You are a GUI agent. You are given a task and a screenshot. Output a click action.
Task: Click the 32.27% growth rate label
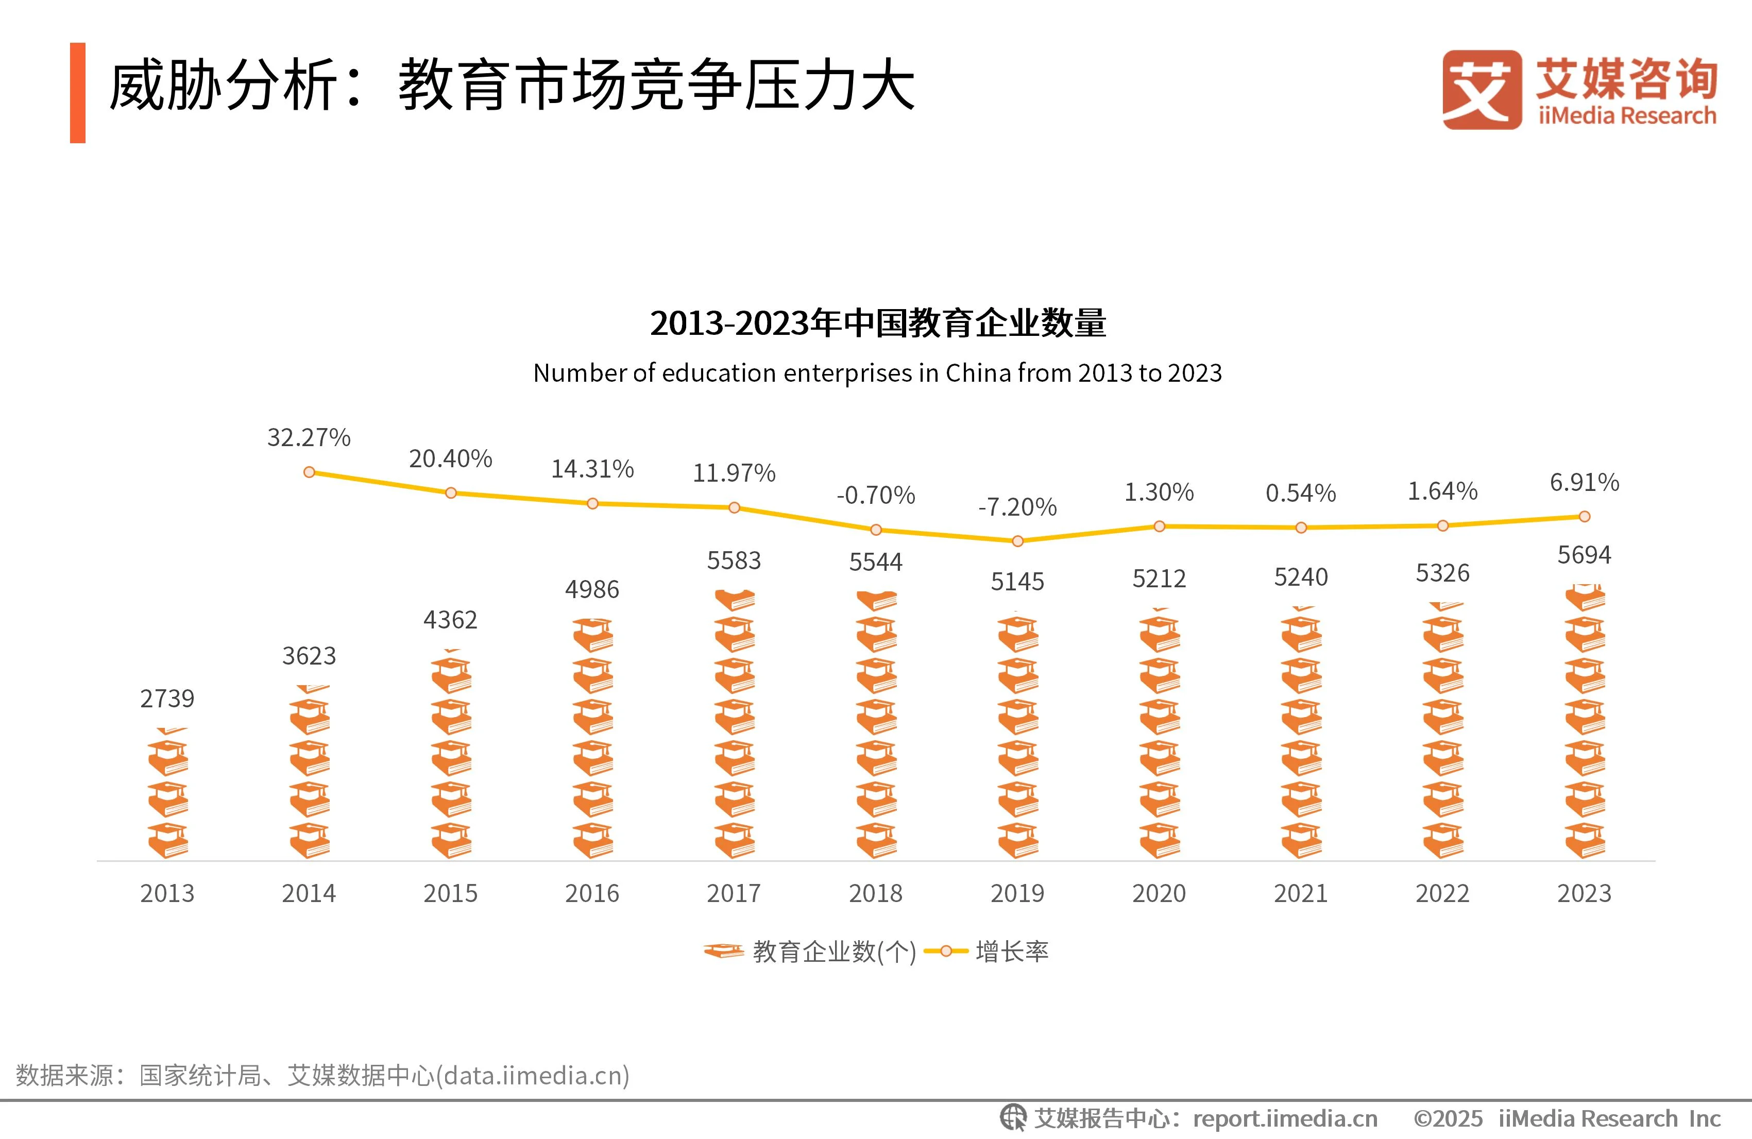point(309,437)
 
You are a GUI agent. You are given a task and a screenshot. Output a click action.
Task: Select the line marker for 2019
point(1017,541)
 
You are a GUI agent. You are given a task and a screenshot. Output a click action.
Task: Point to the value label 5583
point(734,561)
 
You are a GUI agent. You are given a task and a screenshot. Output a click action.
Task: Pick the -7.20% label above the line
point(1017,507)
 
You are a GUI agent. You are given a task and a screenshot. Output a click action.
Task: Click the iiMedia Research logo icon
point(1481,90)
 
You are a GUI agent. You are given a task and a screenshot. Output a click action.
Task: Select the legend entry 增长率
point(1011,952)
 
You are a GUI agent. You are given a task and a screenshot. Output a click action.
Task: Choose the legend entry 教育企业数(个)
point(834,952)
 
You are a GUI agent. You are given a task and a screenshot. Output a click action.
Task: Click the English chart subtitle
point(877,373)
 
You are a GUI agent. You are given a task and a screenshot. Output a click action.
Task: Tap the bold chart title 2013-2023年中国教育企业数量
point(877,323)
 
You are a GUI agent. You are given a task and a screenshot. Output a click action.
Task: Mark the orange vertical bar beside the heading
point(77,93)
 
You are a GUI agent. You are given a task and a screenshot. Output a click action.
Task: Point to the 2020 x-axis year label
point(1159,893)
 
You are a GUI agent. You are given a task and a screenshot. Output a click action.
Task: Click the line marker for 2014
point(309,472)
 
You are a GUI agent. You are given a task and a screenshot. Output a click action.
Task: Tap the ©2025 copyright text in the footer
point(1447,1119)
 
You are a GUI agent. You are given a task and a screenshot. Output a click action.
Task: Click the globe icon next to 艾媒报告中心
point(1013,1118)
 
